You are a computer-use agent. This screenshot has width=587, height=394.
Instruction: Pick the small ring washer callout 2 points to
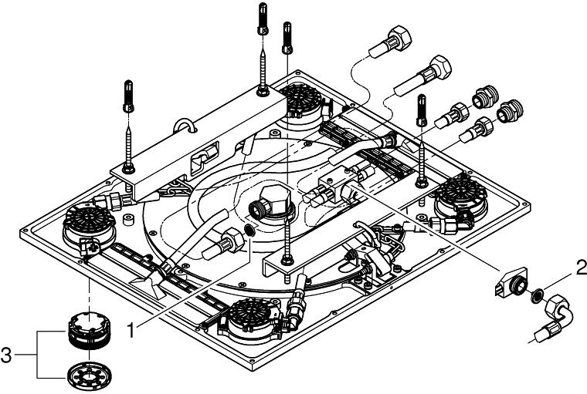tap(533, 294)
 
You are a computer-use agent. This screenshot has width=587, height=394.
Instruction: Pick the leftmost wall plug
tap(129, 96)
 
